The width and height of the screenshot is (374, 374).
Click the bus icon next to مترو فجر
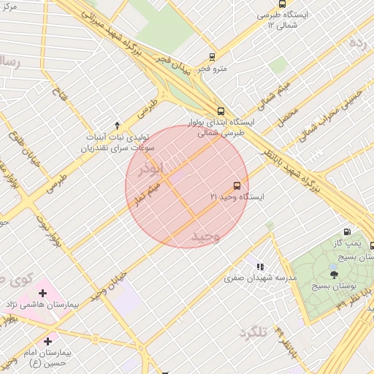pos(212,56)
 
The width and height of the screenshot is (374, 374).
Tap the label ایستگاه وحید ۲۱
pos(237,197)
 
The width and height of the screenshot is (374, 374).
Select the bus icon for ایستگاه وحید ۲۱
pos(237,186)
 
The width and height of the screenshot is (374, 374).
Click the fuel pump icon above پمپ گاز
pos(347,232)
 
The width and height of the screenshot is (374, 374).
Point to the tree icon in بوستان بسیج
pos(335,275)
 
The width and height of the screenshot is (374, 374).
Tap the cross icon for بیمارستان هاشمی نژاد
pos(42,294)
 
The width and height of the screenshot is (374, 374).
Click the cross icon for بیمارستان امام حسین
pos(48,341)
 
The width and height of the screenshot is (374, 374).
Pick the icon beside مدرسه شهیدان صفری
pos(260,267)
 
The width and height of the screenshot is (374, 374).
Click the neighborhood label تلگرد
pos(253,333)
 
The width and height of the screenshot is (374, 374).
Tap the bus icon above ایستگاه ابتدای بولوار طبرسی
pos(221,111)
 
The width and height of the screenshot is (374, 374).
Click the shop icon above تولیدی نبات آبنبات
pos(117,125)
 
